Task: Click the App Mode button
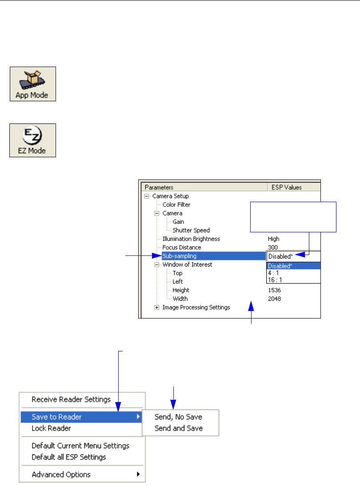[x=33, y=84]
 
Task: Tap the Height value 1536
[x=274, y=290]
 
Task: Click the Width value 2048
[x=274, y=299]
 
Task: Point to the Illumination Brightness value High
[x=274, y=239]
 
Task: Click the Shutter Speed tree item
[x=192, y=230]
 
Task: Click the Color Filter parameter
[x=176, y=205]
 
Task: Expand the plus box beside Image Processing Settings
[x=157, y=307]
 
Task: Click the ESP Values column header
[x=287, y=187]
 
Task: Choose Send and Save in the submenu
[x=179, y=428]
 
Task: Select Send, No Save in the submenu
[x=178, y=417]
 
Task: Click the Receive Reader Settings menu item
[x=71, y=399]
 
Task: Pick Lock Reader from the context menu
[x=51, y=428]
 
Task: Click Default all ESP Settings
[x=69, y=457]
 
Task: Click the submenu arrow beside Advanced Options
[x=138, y=474]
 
